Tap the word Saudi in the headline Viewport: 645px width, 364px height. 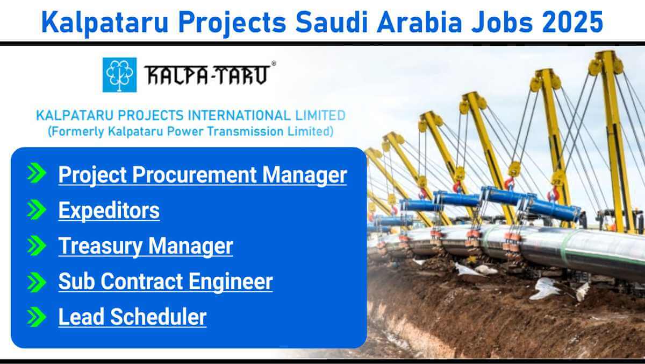(x=332, y=22)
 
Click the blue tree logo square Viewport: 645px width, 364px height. (x=120, y=75)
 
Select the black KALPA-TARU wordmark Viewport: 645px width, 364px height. (x=207, y=75)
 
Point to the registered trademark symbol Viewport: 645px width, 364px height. (x=274, y=64)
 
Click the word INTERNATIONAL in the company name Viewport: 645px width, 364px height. (x=240, y=115)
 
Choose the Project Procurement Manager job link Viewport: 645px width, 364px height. (x=203, y=175)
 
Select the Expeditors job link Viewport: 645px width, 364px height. (x=109, y=211)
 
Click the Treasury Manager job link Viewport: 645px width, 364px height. (x=146, y=246)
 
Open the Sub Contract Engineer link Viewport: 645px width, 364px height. (x=166, y=282)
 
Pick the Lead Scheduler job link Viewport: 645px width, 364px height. (x=132, y=317)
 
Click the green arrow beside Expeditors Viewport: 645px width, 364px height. (x=37, y=209)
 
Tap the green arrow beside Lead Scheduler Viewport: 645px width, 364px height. (x=37, y=317)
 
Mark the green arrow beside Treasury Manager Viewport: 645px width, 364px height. (x=37, y=246)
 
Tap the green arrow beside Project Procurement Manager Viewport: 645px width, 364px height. (x=37, y=173)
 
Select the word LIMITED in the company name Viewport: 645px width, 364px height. (x=320, y=115)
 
